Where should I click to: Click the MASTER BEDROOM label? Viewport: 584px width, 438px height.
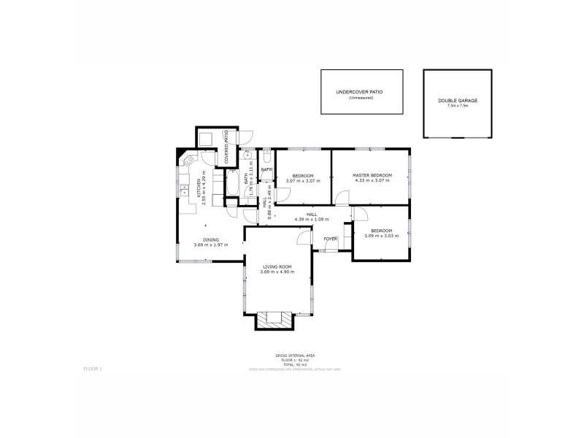372,175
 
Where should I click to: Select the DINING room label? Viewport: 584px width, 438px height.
211,239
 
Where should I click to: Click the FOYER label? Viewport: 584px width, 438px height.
331,239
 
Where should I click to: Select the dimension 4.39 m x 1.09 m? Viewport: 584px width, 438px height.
312,220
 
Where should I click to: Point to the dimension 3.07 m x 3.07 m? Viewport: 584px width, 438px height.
303,181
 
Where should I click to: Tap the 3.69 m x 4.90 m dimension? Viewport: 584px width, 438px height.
278,272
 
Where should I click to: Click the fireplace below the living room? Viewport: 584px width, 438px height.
274,319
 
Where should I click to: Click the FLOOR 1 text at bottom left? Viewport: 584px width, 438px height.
93,369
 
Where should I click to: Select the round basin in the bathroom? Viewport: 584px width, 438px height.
247,155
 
